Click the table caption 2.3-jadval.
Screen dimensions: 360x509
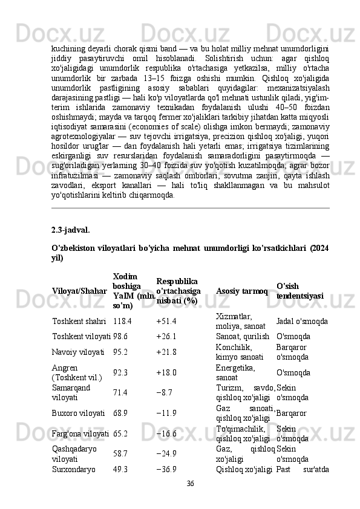pyautogui.click(x=70, y=230)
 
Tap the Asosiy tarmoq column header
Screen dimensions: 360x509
pyautogui.click(x=241, y=292)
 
